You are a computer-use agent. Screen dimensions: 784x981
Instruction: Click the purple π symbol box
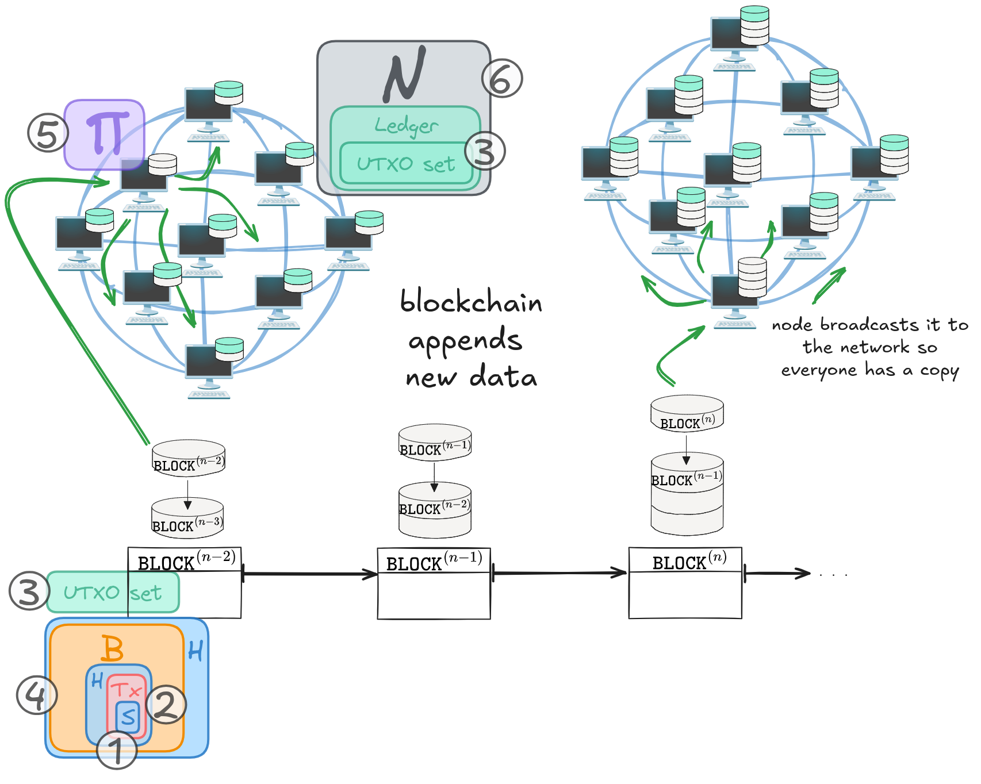coord(104,134)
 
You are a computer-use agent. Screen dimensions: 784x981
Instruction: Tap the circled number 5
coord(47,133)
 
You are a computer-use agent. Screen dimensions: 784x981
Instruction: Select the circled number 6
coord(501,79)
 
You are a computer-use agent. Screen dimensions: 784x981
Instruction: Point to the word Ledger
coord(406,125)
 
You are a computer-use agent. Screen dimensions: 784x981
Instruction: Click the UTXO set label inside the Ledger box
coord(406,164)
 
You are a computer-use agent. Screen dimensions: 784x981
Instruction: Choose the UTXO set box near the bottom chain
coord(113,592)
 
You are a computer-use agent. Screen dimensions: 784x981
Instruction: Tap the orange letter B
coord(112,649)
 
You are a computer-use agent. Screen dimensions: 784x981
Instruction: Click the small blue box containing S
coord(128,717)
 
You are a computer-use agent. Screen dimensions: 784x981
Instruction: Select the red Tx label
coord(126,689)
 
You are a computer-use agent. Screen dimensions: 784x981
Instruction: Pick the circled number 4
coord(37,695)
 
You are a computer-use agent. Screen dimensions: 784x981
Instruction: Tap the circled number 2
coord(166,704)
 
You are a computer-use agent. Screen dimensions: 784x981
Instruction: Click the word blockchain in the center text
coord(471,302)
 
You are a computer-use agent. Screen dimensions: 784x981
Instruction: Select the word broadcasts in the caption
coord(869,325)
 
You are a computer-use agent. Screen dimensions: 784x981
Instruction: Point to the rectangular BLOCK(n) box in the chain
coord(685,583)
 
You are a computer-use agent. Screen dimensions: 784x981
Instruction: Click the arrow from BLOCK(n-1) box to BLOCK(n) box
coord(559,573)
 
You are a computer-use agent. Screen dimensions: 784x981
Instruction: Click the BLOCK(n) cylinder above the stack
coord(687,413)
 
